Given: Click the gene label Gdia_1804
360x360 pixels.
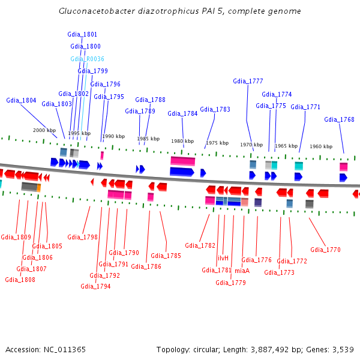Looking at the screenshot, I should pos(21,100).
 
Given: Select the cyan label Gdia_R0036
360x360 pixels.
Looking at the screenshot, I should pos(87,59).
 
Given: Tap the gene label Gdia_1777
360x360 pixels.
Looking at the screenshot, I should pos(248,81).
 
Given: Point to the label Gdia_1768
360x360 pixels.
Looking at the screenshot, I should pos(339,119).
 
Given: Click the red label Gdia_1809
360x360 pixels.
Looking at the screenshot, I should pos(16,237).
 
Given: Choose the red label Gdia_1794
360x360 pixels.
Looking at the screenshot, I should pos(95,286).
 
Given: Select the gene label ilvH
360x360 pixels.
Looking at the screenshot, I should pos(223,258).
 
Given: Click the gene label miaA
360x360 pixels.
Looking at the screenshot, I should pos(242,271).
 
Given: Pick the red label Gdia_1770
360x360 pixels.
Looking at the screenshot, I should pos(325,250).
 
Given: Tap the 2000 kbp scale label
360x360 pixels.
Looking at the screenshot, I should pos(44,130).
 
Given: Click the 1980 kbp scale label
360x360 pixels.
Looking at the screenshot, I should pos(182,142).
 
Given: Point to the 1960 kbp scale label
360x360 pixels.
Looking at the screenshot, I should pos(321,146).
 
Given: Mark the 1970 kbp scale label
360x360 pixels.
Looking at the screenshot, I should pos(251,145).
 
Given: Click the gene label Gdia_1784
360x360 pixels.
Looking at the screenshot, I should pos(182,113).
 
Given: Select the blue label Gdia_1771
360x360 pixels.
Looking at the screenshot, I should pos(305,107).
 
